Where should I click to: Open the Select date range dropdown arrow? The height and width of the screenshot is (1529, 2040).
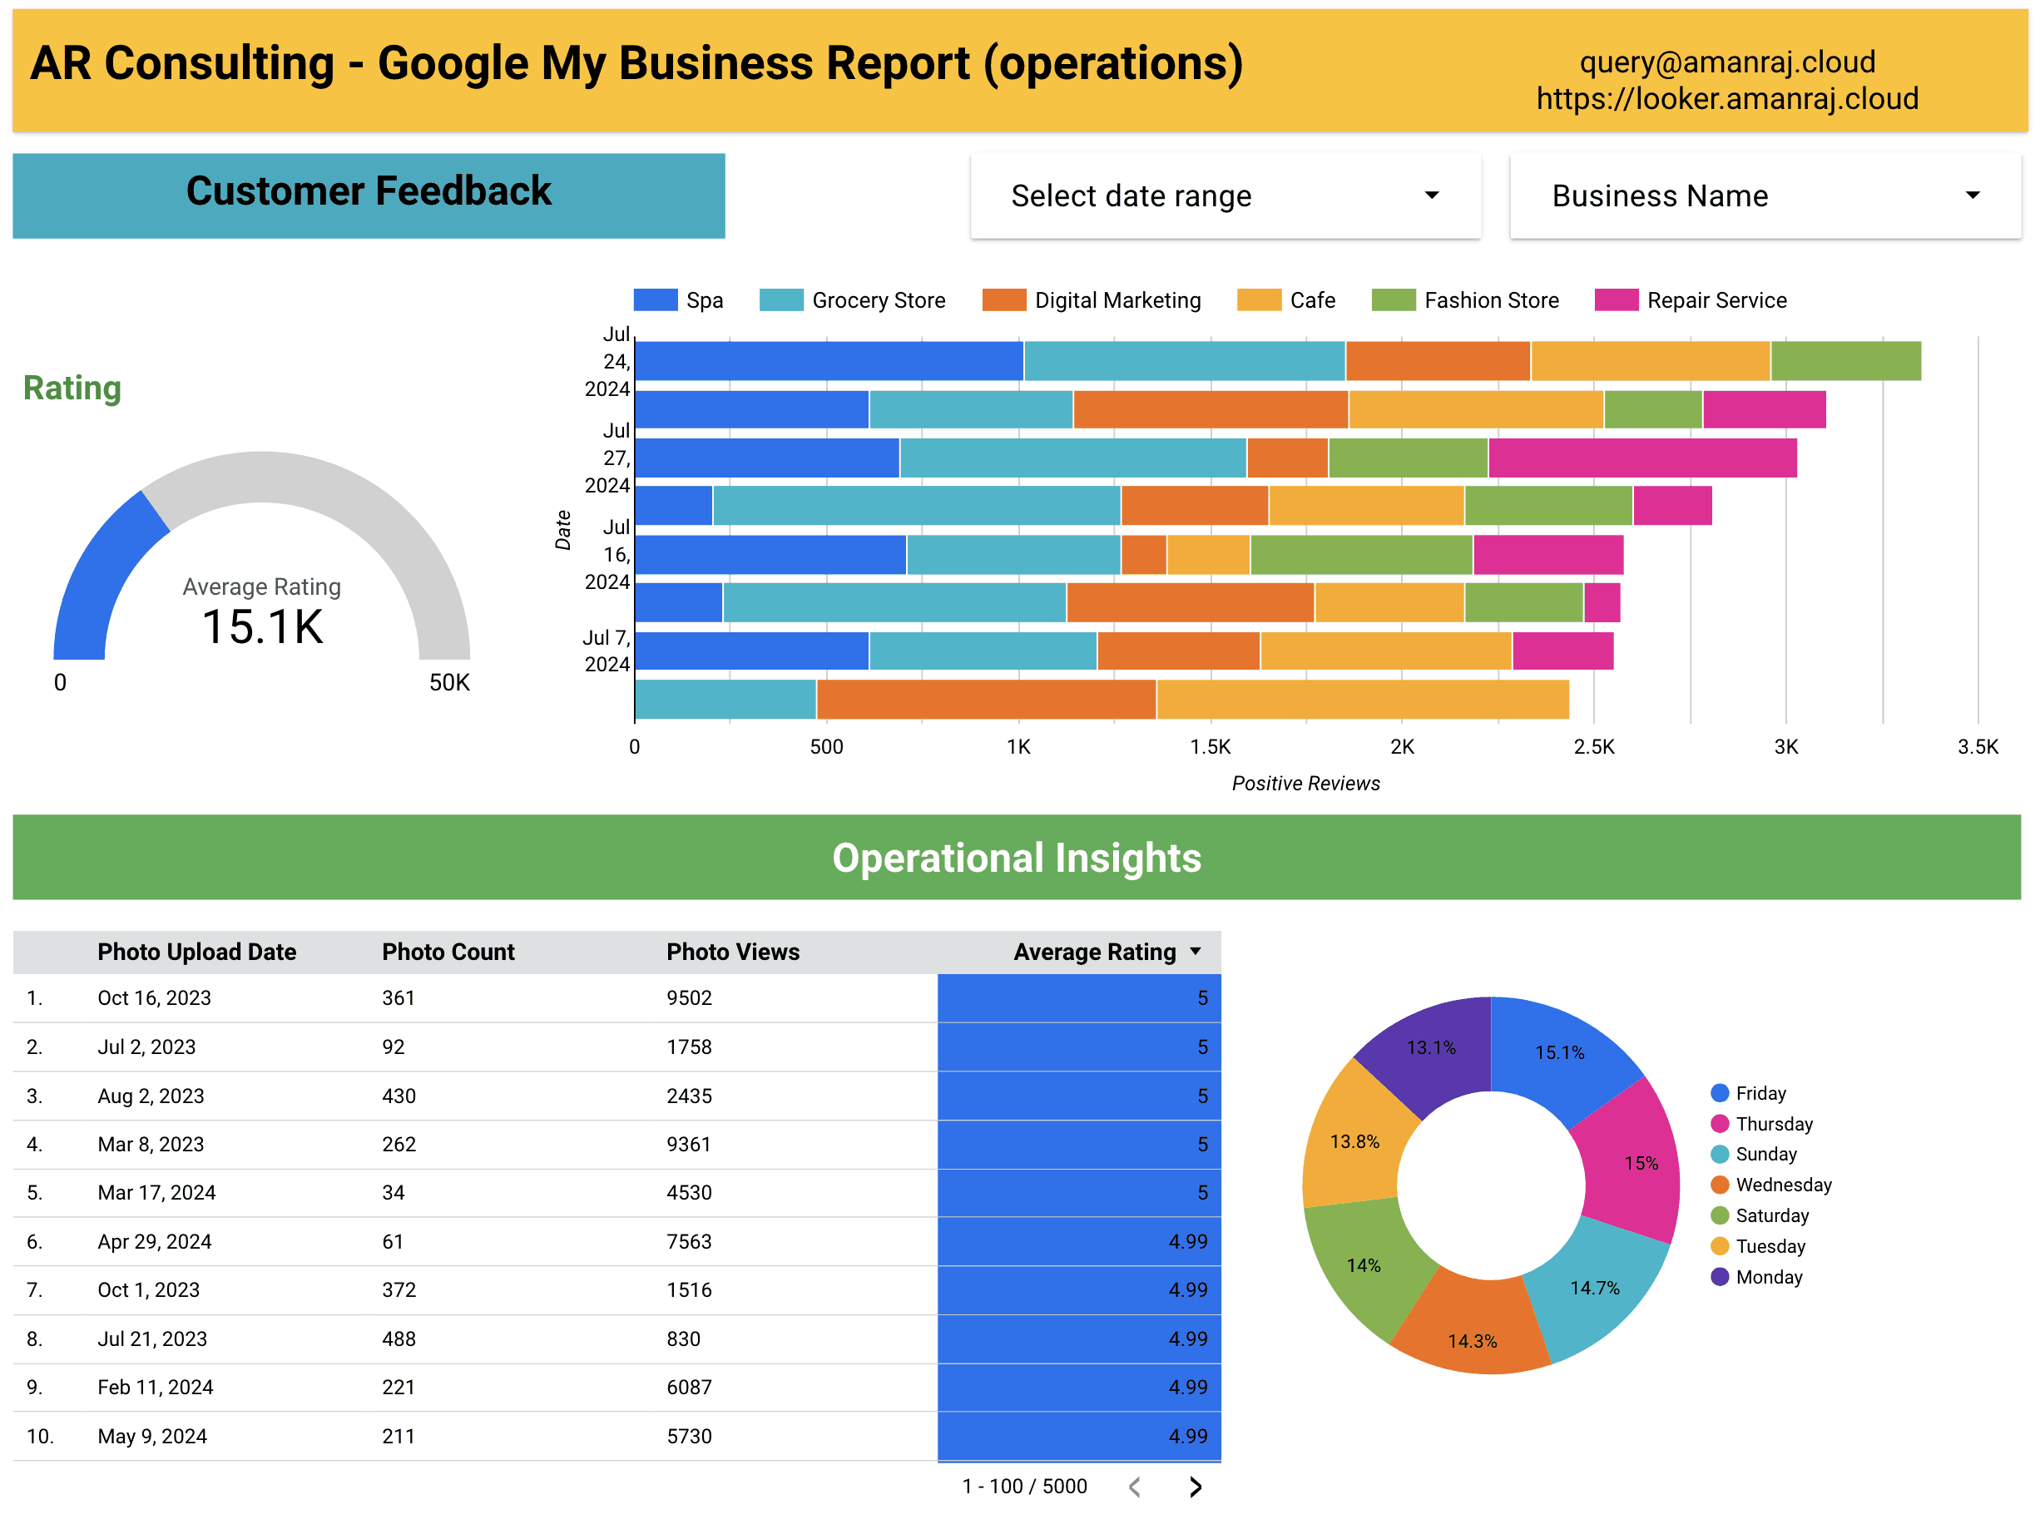click(1431, 195)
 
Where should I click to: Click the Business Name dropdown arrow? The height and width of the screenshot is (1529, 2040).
click(1973, 195)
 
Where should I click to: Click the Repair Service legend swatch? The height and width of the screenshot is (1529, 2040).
click(1616, 299)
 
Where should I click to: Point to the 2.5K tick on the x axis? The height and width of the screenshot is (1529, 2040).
click(1593, 747)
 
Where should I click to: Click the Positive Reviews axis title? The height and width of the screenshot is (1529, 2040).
click(1305, 783)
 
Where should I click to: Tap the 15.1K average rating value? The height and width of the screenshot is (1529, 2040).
click(263, 627)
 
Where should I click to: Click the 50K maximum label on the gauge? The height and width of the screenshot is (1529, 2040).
click(449, 682)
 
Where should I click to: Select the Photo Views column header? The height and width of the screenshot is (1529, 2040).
click(732, 952)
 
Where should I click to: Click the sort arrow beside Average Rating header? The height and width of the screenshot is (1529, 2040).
click(1196, 951)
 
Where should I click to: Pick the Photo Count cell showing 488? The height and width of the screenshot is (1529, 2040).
click(399, 1338)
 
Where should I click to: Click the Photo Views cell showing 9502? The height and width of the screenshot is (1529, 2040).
click(689, 997)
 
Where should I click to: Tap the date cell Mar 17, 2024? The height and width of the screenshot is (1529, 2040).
click(156, 1192)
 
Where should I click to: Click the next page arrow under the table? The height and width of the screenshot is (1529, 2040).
click(1196, 1487)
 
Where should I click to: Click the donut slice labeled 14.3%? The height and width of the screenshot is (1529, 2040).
click(1472, 1340)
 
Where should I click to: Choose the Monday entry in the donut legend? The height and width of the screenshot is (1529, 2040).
click(1768, 1277)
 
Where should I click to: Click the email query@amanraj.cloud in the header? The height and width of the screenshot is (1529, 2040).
click(1726, 62)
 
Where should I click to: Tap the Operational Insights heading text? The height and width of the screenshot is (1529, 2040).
click(1017, 858)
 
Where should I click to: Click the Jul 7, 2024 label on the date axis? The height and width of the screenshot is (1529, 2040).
click(606, 651)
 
